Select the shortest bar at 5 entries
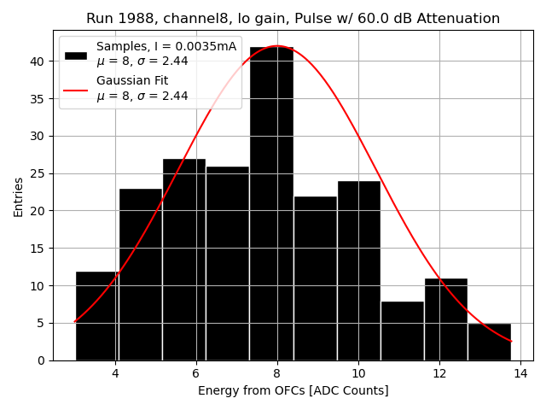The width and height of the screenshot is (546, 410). [x=490, y=342]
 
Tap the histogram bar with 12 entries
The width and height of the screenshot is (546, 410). [x=97, y=316]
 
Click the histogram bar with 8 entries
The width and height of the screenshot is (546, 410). [x=403, y=331]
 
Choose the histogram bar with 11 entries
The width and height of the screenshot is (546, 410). [x=446, y=319]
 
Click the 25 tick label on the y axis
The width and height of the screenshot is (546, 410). [x=41, y=173]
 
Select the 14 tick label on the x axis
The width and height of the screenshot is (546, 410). [x=520, y=374]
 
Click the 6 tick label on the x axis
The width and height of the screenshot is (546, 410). [x=195, y=374]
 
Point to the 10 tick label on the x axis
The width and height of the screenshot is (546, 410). [x=358, y=374]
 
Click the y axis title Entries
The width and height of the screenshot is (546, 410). [x=19, y=196]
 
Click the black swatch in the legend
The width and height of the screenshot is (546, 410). [x=76, y=55]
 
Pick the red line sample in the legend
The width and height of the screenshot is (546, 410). [x=76, y=89]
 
